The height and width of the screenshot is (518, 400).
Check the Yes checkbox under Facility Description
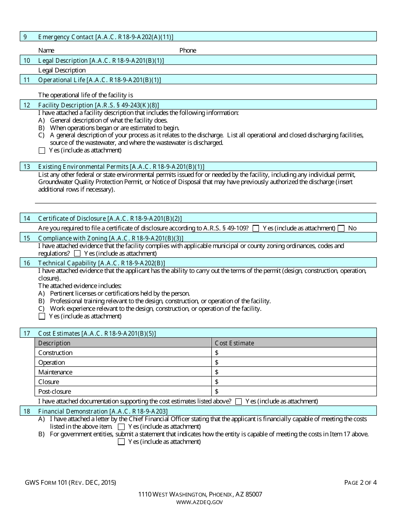42,150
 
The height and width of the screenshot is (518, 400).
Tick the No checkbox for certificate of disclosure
341,228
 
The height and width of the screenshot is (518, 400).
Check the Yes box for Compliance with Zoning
77,254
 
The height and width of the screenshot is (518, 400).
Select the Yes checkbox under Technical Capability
42,316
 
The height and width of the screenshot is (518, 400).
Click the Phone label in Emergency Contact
188,51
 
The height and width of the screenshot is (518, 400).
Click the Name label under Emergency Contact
46,51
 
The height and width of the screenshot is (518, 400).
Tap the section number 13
27,167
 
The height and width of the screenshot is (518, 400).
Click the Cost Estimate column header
235,343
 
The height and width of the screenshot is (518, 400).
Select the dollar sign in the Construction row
217,353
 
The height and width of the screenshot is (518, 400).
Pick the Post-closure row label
52,392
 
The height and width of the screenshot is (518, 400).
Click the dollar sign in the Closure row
217,382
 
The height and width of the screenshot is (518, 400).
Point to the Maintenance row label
55,372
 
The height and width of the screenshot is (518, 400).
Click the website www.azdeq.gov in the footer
200,502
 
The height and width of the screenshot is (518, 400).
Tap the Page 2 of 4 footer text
360,483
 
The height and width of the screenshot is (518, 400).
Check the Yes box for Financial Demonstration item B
121,442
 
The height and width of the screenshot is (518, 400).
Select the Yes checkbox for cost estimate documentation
238,401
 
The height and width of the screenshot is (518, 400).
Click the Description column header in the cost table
54,343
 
